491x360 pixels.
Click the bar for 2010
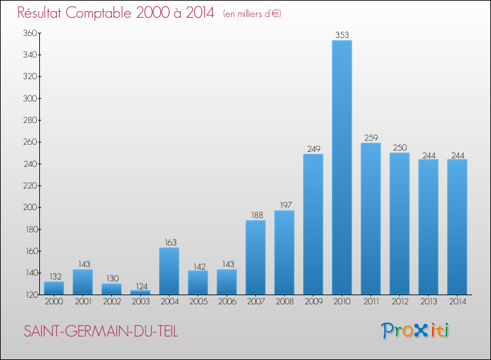click(342, 167)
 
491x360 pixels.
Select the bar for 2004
click(169, 271)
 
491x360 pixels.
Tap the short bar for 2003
click(140, 292)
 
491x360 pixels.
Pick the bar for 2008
click(284, 252)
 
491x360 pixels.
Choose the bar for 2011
click(371, 219)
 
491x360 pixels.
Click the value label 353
click(342, 35)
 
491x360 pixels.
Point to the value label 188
click(255, 215)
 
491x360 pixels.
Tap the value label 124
click(140, 285)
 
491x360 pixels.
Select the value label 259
click(371, 138)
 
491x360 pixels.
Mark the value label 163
click(169, 242)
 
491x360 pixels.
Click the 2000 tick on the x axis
click(54, 302)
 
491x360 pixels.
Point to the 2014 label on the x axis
click(457, 302)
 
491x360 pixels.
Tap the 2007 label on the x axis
click(255, 302)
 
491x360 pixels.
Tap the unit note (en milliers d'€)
click(252, 14)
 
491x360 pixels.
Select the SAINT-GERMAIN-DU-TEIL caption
click(101, 331)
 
